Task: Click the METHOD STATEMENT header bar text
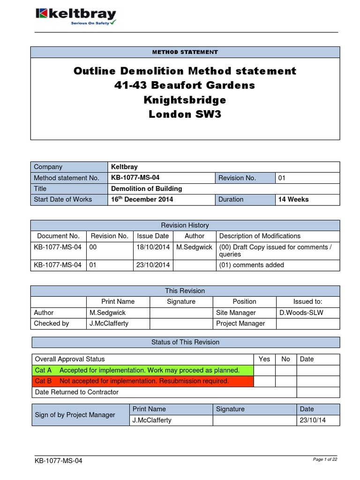(185, 52)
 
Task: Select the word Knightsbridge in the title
(185, 100)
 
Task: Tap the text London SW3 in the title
(185, 114)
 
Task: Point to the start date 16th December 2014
(142, 199)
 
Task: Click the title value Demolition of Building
(146, 188)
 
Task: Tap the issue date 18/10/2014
(153, 247)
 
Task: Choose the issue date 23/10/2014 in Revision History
(153, 265)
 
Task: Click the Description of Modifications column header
(260, 236)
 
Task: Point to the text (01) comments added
(251, 265)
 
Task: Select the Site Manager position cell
(236, 312)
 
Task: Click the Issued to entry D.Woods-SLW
(301, 312)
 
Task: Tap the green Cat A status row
(142, 370)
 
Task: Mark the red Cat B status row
(142, 381)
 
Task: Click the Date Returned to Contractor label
(77, 392)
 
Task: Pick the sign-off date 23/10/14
(313, 420)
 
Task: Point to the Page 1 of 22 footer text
(324, 459)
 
